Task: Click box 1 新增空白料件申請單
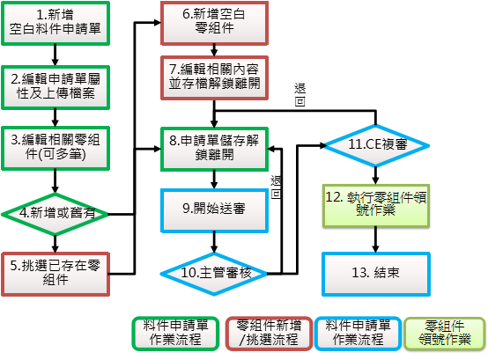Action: pyautogui.click(x=55, y=23)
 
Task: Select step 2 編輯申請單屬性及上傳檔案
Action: pyautogui.click(x=55, y=87)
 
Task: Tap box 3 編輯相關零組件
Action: pyautogui.click(x=55, y=148)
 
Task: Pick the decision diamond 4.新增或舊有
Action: pyautogui.click(x=55, y=214)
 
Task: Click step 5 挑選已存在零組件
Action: pyautogui.click(x=55, y=275)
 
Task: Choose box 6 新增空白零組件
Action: pyautogui.click(x=214, y=23)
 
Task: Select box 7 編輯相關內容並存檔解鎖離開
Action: pyautogui.click(x=214, y=77)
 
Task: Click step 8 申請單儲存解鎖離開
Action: pyautogui.click(x=214, y=149)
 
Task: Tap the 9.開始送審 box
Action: pyautogui.click(x=214, y=210)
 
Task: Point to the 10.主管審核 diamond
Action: pyautogui.click(x=214, y=274)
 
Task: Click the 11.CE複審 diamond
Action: pyautogui.click(x=376, y=145)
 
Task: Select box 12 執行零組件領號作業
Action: pyautogui.click(x=376, y=206)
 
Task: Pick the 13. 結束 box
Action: pyautogui.click(x=376, y=275)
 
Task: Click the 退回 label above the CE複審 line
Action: pyautogui.click(x=300, y=95)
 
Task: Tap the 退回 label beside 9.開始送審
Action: pyautogui.click(x=276, y=187)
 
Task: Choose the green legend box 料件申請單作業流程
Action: pyautogui.click(x=175, y=334)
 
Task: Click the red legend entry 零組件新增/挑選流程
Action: pyautogui.click(x=269, y=334)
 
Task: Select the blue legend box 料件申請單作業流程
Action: pyautogui.click(x=358, y=334)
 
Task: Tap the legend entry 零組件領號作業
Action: pyautogui.click(x=445, y=334)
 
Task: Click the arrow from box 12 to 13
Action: pyautogui.click(x=375, y=239)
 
